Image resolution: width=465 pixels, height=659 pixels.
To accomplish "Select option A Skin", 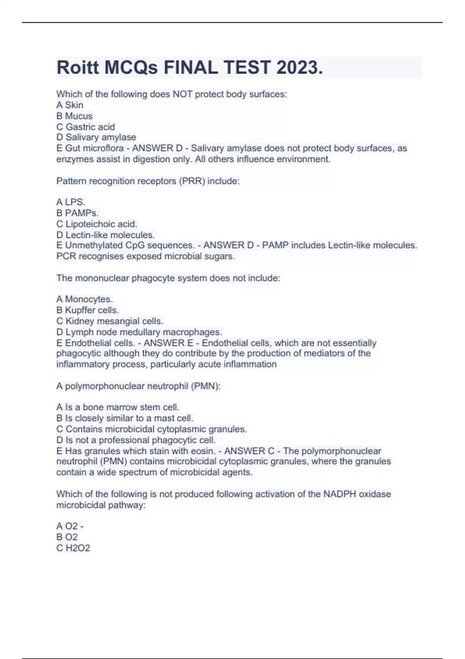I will tap(70, 105).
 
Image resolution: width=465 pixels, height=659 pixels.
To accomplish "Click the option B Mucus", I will tap(74, 116).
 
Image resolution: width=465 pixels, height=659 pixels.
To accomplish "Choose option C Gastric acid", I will tap(86, 127).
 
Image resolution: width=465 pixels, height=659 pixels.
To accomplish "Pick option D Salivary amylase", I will tap(96, 137).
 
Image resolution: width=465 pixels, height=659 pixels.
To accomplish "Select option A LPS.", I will tap(71, 202).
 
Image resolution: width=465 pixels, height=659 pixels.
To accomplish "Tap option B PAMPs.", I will tap(77, 213).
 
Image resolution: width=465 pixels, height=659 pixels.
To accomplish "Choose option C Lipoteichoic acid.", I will tap(97, 224).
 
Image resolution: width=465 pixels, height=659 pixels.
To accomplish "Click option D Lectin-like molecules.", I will tap(106, 235).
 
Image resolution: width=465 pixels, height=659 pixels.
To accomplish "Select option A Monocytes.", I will tap(84, 299).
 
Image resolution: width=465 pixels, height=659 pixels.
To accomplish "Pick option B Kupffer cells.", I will tap(88, 310).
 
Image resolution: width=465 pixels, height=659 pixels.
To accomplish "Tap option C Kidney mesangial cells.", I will tap(110, 321).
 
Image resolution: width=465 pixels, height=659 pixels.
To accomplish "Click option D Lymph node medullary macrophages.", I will tap(139, 332).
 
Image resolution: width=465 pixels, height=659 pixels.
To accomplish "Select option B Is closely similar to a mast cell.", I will tap(125, 418).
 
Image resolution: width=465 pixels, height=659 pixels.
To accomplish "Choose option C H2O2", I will tap(73, 548).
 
